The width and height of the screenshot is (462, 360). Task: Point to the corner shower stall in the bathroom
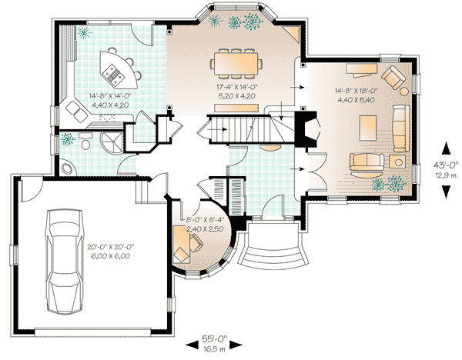tap(112, 142)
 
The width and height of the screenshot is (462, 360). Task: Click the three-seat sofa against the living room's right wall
tap(400, 127)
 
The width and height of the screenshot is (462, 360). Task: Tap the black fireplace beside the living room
tap(309, 132)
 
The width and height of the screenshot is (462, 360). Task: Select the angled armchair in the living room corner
tap(393, 78)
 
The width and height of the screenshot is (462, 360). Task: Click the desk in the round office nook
tap(185, 247)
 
